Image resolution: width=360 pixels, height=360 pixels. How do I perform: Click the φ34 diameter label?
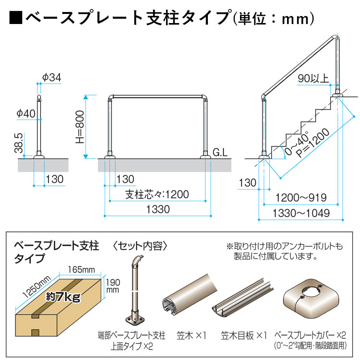pos(52,77)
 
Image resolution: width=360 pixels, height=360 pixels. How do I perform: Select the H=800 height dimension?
pos(80,126)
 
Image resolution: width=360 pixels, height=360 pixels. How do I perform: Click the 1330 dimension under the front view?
pos(157,210)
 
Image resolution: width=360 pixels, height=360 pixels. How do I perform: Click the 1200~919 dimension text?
pos(301,197)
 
